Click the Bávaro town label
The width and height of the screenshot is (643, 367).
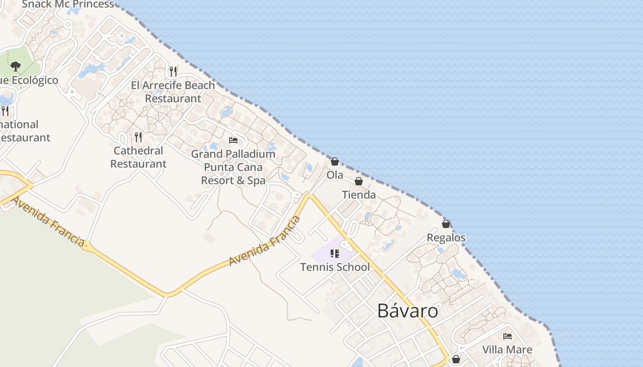click(x=407, y=311)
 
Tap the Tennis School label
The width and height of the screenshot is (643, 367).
click(x=335, y=267)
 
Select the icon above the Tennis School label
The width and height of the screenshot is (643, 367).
click(x=335, y=254)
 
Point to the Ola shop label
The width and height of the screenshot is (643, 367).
click(x=335, y=175)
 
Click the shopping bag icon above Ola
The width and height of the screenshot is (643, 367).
click(x=335, y=161)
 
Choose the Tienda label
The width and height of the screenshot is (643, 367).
click(x=359, y=195)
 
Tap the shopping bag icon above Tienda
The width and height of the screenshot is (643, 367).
click(x=359, y=182)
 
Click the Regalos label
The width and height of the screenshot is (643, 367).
click(x=446, y=238)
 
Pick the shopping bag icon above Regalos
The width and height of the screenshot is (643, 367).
click(x=446, y=224)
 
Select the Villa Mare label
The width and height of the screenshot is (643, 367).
click(x=507, y=350)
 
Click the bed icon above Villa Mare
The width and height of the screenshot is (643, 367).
click(x=508, y=336)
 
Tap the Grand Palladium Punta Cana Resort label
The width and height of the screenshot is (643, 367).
click(x=233, y=167)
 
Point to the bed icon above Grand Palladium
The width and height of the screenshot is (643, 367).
click(x=233, y=140)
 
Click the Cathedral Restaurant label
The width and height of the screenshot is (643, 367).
click(x=138, y=157)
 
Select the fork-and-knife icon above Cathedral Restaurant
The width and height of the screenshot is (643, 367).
click(x=138, y=137)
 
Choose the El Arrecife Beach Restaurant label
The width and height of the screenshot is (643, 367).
click(x=173, y=92)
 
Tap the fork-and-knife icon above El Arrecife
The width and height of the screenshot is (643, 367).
click(x=173, y=72)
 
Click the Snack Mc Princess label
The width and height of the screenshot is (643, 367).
click(x=68, y=5)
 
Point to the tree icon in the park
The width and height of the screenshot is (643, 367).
click(x=16, y=67)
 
